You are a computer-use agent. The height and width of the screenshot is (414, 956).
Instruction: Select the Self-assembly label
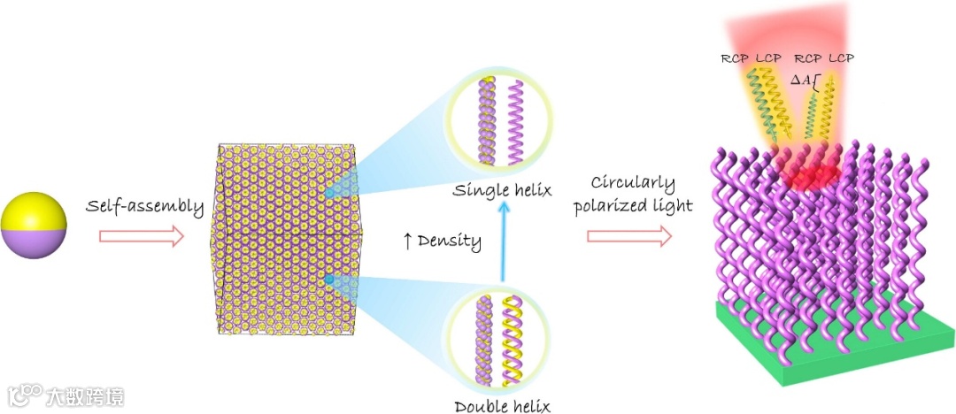tap(145, 207)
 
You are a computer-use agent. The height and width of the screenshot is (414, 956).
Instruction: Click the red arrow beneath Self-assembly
tap(141, 236)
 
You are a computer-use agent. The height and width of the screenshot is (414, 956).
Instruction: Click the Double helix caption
tap(502, 406)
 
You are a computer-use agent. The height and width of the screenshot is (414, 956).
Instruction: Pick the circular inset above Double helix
tap(500, 341)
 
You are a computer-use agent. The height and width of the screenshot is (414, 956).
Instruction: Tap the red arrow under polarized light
tap(629, 235)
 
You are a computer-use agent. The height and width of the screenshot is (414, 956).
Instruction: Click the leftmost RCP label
tap(735, 58)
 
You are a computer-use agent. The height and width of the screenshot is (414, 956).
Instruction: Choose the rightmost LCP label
tap(841, 58)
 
